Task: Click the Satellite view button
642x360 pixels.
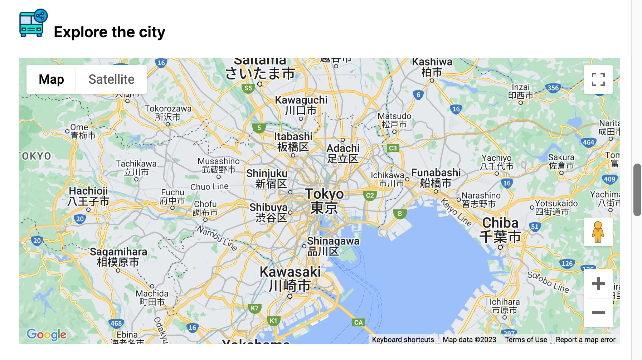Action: pos(111,79)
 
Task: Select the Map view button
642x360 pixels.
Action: pos(51,79)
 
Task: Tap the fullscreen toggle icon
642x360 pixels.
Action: pos(598,79)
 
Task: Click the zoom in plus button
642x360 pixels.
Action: pos(598,284)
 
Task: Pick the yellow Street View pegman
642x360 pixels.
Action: pos(598,232)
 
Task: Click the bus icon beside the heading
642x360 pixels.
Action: pos(33,23)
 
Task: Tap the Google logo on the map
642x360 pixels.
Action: pos(47,335)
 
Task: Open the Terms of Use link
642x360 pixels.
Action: pos(526,340)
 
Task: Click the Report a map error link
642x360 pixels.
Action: pos(585,340)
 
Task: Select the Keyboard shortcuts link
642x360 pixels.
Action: pos(403,340)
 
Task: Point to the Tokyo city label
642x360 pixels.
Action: pos(324,200)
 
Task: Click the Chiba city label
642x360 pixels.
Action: pos(500,230)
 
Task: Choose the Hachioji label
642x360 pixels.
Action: pos(88,196)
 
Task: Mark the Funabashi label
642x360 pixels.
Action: pos(436,178)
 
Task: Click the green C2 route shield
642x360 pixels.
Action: pos(370,195)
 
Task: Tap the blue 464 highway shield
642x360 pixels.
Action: pos(588,142)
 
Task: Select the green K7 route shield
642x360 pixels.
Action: pos(254,308)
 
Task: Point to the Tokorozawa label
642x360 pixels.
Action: pos(168,112)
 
